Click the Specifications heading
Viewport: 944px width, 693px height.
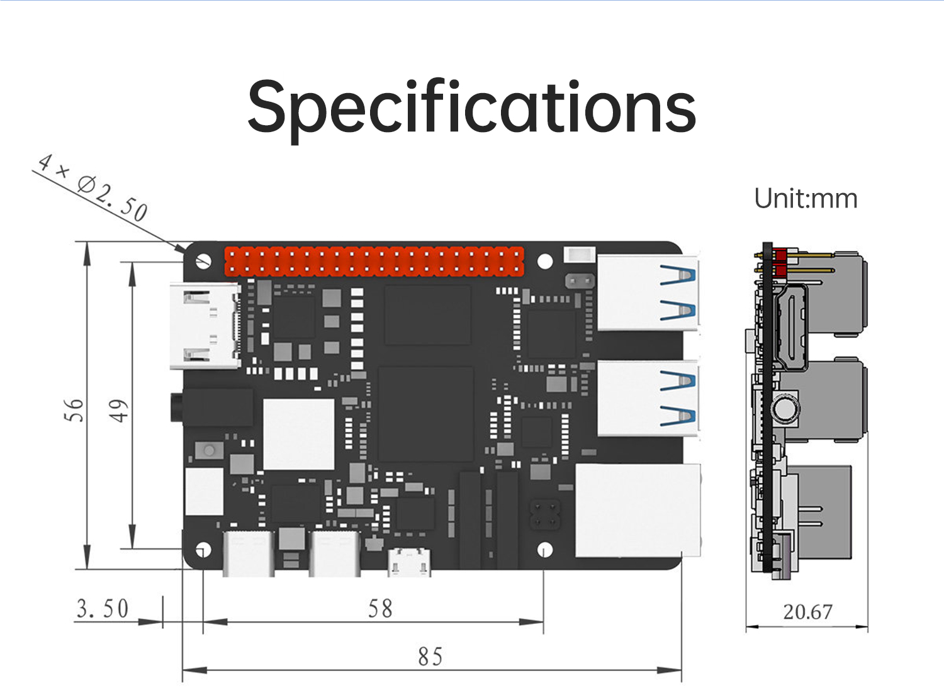click(x=472, y=107)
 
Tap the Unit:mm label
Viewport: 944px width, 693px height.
click(x=806, y=199)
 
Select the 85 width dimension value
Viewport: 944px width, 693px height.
click(x=430, y=657)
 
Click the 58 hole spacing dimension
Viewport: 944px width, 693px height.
click(x=380, y=609)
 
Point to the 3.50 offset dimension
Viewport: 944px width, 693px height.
click(x=103, y=609)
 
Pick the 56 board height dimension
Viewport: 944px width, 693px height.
click(x=74, y=410)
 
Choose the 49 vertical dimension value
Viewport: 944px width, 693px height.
click(x=119, y=410)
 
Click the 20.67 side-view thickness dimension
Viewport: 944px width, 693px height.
click(x=807, y=611)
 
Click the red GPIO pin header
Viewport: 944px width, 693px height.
click(x=374, y=262)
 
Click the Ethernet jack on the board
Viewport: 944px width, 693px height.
click(x=638, y=510)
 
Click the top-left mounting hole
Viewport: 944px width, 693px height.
click(x=203, y=260)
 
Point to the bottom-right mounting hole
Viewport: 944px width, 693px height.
click(x=545, y=550)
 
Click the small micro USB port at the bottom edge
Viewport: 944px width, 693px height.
click(x=410, y=562)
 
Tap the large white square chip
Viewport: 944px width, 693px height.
click(x=299, y=434)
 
